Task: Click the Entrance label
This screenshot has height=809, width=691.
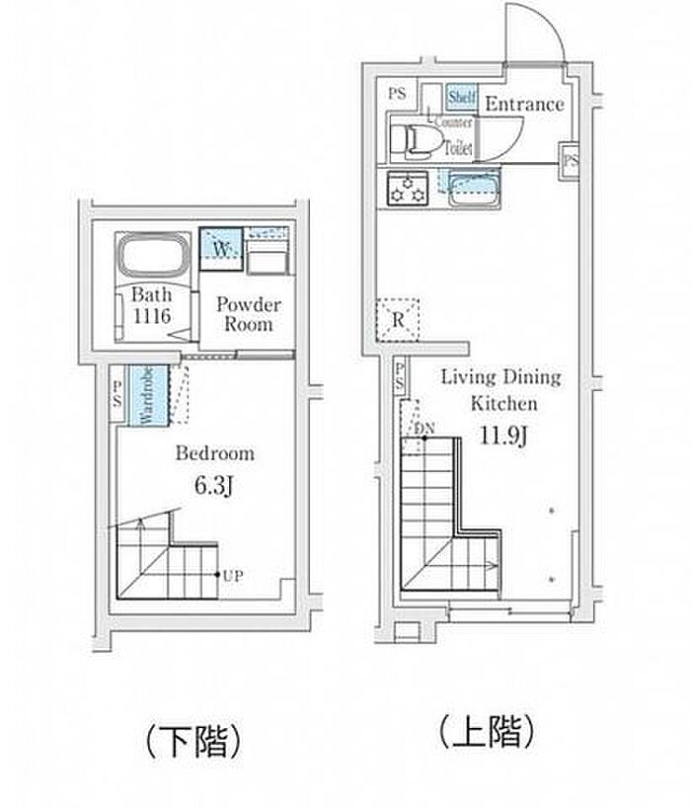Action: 524,104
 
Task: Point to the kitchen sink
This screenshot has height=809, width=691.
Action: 474,188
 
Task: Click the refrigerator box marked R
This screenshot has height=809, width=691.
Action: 396,318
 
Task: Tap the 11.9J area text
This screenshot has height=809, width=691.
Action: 501,436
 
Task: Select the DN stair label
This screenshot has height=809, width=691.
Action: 424,429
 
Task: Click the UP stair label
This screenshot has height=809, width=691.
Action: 233,575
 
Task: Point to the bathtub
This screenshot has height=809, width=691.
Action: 154,258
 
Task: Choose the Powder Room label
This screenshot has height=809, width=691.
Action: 248,314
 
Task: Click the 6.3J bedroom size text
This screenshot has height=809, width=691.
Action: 214,485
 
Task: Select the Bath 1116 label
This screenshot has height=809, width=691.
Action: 153,305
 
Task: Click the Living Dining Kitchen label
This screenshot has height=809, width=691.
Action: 500,389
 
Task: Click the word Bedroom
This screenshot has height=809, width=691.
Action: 214,453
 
